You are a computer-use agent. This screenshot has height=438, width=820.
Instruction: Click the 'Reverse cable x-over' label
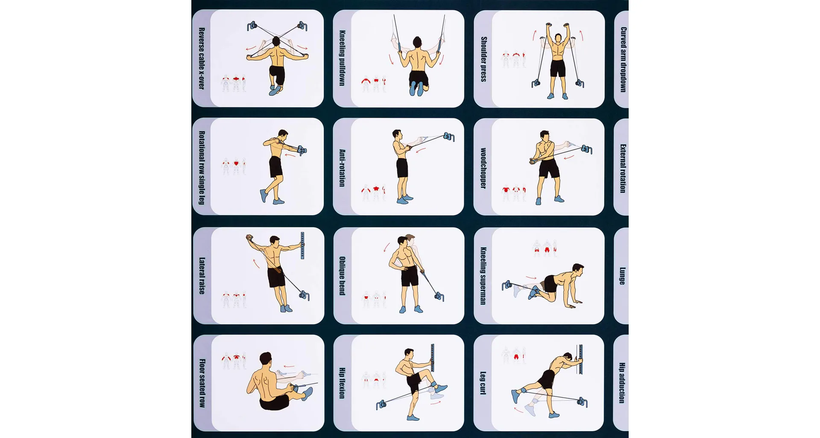coord(202,59)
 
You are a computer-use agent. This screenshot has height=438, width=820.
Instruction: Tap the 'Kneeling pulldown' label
coord(342,58)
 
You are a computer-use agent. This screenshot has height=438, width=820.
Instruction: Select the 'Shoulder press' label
coord(483,59)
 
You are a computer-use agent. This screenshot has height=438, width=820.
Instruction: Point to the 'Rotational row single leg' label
coord(202,168)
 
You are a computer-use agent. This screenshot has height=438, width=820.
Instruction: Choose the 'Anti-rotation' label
coord(342,168)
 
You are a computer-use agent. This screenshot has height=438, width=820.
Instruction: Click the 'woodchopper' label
coord(483,168)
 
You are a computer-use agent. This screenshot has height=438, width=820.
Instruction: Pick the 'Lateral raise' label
coord(202,275)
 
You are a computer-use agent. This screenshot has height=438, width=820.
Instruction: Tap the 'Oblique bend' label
coord(342,276)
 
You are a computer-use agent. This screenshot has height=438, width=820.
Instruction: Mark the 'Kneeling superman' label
coord(483,276)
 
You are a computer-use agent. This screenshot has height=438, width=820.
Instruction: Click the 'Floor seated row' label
coord(202,383)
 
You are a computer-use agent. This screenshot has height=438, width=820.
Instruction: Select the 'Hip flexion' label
coord(342,383)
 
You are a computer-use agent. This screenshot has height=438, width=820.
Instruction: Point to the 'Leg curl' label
coord(483,383)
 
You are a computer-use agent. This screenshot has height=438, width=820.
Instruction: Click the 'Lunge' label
coord(623,276)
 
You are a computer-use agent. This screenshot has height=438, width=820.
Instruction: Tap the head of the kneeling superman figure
coord(578,270)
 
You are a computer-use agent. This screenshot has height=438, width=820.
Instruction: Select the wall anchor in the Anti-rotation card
coord(449,136)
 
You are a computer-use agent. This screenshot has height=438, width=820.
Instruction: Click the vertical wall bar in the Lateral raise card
coord(302,246)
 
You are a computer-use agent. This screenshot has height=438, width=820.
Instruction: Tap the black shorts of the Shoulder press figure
coord(558,68)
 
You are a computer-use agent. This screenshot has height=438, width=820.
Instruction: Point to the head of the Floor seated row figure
coord(265,359)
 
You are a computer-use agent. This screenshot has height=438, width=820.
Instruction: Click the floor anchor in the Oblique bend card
coord(439,296)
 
